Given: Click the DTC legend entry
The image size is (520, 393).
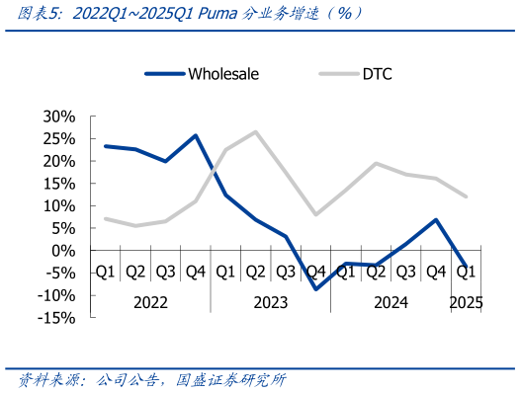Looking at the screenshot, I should point(377,73).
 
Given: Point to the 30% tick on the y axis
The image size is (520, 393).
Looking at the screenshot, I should point(58,117).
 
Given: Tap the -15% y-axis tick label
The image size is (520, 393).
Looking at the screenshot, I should point(56,318).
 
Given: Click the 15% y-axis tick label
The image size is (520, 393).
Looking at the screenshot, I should point(58,184).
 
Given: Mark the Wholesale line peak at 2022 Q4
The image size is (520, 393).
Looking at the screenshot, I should point(196,135).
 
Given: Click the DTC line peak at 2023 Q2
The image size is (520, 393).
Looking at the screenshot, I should point(256,131).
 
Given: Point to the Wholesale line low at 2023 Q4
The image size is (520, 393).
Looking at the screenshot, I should point(316,288).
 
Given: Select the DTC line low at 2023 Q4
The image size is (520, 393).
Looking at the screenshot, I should point(316,214).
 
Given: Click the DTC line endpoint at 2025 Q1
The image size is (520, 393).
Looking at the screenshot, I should point(466,196).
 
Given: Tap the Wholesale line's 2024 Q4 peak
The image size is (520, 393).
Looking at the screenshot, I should point(436,219).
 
